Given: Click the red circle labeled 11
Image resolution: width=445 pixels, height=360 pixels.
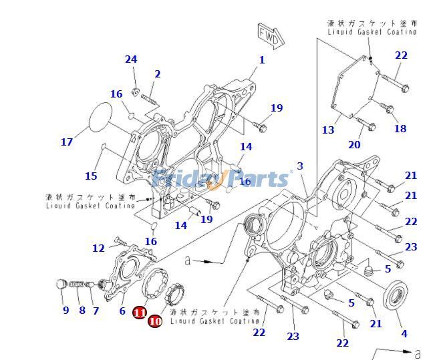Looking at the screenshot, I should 140,312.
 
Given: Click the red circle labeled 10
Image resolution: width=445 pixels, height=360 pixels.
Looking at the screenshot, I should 154,321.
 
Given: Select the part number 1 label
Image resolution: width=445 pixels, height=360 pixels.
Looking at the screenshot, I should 262,60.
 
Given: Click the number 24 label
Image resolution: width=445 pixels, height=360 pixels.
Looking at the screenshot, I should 131,59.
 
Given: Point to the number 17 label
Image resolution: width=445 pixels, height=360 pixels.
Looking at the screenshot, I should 66,142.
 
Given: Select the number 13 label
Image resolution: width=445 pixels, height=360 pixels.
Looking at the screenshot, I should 327,130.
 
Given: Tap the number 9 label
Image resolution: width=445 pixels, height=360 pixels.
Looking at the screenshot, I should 65,310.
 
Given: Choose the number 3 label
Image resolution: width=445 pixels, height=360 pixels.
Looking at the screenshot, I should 300,166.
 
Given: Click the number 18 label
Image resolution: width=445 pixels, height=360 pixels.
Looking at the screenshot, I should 400,128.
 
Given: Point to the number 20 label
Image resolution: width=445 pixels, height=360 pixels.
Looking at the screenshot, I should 354,144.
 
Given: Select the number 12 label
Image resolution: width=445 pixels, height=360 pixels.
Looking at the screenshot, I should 98,248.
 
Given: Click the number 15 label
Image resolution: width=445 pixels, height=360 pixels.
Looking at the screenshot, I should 91,176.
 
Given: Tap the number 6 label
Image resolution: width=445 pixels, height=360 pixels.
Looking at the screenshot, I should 122,310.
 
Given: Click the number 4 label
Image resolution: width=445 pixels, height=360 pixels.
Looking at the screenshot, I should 403,333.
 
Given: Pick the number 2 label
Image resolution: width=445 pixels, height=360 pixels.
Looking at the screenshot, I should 158,73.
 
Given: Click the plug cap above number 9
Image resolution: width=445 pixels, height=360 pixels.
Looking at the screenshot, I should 62,285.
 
